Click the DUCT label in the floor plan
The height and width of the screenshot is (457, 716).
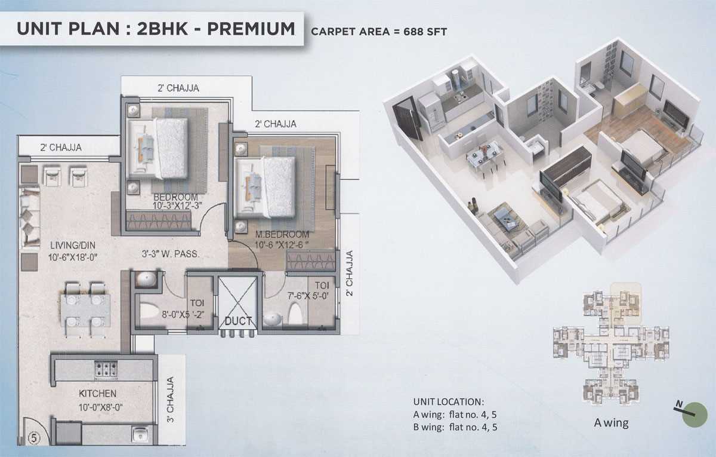point(238,321)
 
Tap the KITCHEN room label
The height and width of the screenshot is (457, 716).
point(97,393)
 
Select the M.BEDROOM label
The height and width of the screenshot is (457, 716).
point(282,234)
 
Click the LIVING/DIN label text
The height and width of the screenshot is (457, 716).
point(73,246)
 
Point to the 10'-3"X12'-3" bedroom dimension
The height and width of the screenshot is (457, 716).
point(177,206)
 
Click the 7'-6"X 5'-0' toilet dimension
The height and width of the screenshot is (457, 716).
point(308,296)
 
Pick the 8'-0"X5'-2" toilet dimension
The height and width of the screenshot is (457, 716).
point(183,315)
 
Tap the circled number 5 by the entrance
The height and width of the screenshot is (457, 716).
point(33,437)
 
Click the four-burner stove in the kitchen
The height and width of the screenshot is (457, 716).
point(106,368)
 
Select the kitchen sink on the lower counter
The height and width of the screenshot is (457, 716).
point(140,434)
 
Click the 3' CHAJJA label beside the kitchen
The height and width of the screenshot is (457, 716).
point(171,400)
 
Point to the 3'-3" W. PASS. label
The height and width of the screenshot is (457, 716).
point(171,254)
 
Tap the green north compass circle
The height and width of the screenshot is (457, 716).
point(695,415)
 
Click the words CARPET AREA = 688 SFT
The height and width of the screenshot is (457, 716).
point(379,32)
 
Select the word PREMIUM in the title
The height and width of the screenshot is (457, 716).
point(251,29)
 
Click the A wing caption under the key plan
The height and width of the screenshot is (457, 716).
point(611,423)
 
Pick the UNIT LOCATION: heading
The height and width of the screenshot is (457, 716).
point(449,402)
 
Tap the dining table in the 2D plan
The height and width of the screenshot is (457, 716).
point(85,311)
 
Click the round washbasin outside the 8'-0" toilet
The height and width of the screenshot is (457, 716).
point(146,280)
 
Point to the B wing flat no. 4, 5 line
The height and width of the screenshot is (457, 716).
point(455,427)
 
